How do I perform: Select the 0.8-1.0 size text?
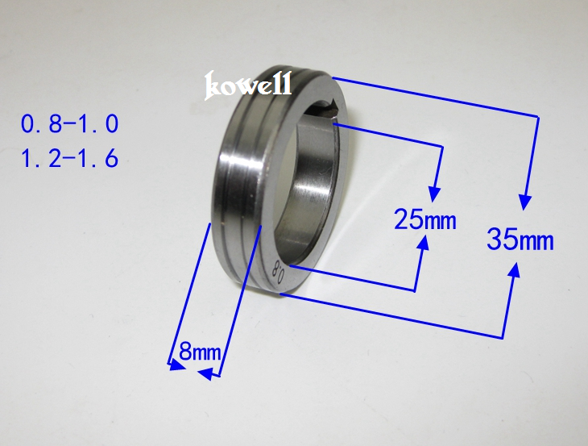coord(70,124)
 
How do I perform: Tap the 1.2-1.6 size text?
coord(70,158)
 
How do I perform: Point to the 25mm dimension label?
coord(425,219)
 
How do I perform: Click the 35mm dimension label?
coord(520,240)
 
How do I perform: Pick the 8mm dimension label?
coord(200,352)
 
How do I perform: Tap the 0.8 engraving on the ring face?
coord(280,272)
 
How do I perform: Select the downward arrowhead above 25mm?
coord(435,194)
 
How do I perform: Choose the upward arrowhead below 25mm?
coord(424,244)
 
